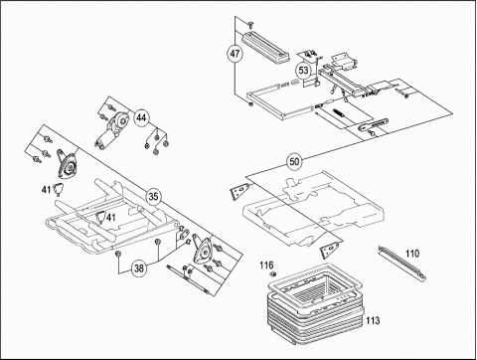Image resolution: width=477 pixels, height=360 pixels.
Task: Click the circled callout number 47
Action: (x=235, y=54)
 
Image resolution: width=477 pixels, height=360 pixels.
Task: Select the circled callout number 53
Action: (x=303, y=71)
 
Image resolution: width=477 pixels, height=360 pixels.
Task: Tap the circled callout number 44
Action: (x=141, y=117)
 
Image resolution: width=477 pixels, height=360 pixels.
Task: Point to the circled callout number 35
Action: (x=153, y=197)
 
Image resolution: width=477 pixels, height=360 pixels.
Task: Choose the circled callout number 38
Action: (x=139, y=268)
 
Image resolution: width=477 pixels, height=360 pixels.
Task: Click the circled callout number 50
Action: (x=294, y=162)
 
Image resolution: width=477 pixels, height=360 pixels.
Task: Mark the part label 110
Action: (x=412, y=254)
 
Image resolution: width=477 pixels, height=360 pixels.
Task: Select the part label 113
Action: (x=373, y=320)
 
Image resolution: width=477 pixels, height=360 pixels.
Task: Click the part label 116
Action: (x=266, y=265)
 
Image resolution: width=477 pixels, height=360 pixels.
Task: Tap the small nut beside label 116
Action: (x=273, y=273)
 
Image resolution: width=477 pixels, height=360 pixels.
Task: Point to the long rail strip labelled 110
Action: (x=402, y=264)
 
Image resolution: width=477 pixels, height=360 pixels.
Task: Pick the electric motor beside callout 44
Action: (x=111, y=130)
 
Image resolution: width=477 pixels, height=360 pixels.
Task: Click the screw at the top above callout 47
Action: (x=250, y=23)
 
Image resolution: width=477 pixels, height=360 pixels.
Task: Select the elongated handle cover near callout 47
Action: (x=266, y=47)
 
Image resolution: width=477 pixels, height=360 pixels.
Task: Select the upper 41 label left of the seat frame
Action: (x=46, y=190)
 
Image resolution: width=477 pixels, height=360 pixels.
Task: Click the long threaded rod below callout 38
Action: (x=188, y=279)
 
